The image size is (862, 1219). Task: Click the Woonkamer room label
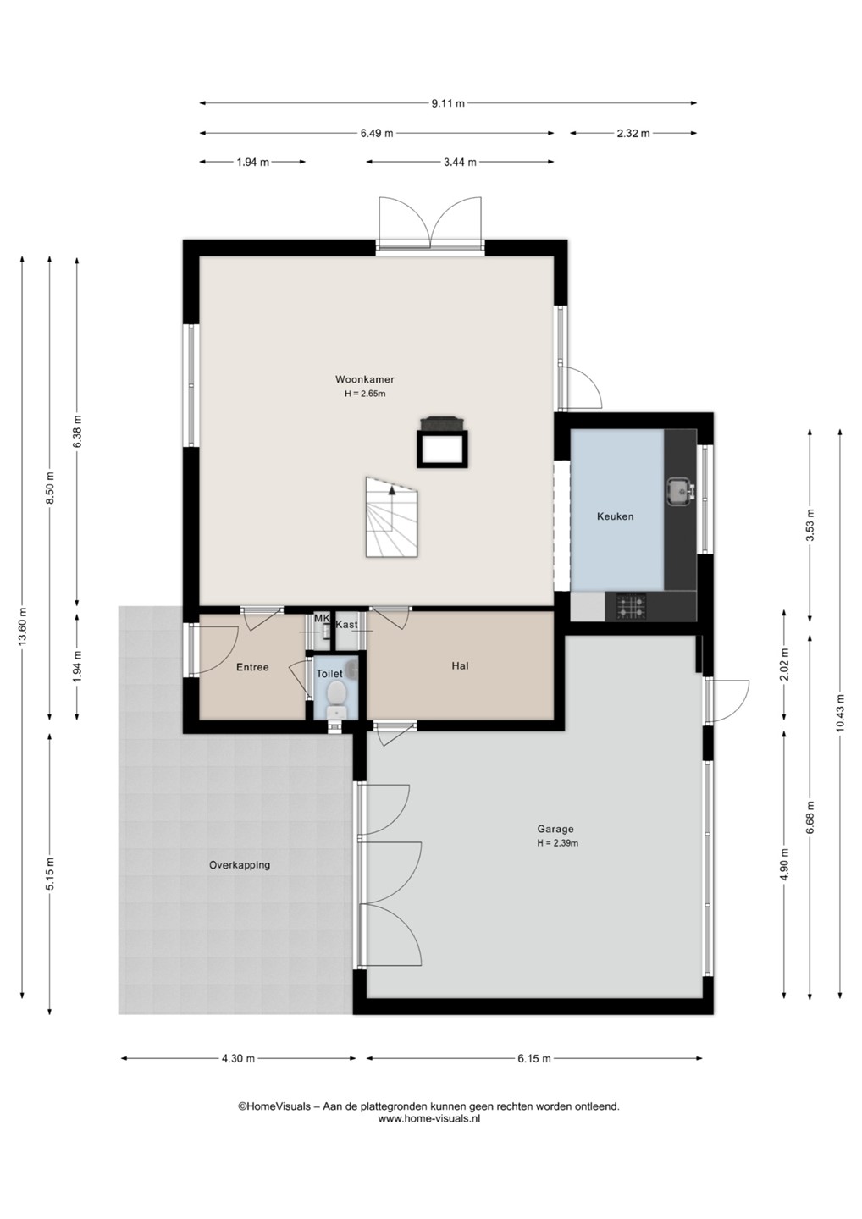point(365,379)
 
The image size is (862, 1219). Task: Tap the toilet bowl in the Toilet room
point(337,698)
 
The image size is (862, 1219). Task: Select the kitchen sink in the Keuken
point(680,491)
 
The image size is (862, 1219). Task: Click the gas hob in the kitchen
point(632,606)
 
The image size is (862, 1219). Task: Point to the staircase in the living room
point(391,517)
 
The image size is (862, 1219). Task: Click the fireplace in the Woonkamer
point(442,442)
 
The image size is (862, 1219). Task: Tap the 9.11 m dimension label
point(448,103)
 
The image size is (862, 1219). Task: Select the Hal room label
point(460,665)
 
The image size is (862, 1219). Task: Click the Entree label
point(252,667)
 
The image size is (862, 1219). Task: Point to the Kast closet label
point(346,624)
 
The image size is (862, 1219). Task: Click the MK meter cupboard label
point(322,619)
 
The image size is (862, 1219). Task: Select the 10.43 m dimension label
point(840,714)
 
